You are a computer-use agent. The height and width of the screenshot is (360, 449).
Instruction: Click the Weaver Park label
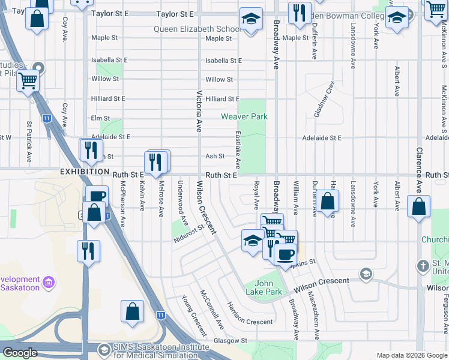[x=244, y=116]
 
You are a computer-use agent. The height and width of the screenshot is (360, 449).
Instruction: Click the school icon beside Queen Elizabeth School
[x=251, y=19]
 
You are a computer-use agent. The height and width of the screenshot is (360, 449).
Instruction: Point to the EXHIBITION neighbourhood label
[x=84, y=172]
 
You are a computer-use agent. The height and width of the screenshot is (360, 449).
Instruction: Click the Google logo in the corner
[x=20, y=353]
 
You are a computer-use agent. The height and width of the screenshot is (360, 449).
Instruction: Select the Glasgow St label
[x=231, y=340]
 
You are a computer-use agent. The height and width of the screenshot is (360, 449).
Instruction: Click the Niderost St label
[x=190, y=233]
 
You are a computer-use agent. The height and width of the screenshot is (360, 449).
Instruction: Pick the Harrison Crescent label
[x=250, y=313]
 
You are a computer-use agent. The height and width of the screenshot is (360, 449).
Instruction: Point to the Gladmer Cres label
[x=323, y=100]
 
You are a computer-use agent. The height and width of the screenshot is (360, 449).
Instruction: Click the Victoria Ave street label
[x=199, y=112]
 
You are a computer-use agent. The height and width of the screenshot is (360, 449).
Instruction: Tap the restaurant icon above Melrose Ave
[x=155, y=161]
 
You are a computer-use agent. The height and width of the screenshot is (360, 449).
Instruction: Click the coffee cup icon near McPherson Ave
[x=97, y=196]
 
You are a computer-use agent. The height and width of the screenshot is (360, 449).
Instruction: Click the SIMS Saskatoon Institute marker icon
[x=104, y=349]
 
